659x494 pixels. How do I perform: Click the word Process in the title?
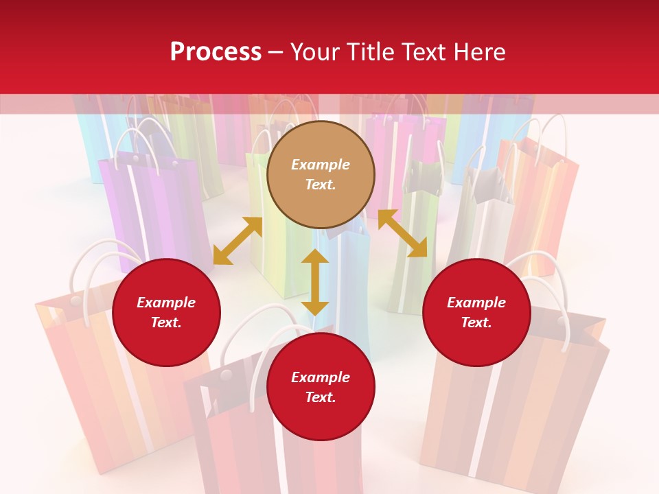tap(216, 52)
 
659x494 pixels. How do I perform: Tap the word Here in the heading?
tap(478, 52)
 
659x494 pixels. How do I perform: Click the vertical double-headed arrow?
tap(315, 282)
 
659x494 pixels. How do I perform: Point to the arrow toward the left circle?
tap(238, 241)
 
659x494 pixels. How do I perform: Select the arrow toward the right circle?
tap(402, 233)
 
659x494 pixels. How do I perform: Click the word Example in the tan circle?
tap(321, 165)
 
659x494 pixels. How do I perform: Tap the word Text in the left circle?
tap(165, 322)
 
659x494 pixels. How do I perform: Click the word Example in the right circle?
tap(476, 303)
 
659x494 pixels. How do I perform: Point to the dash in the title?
tap(276, 53)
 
